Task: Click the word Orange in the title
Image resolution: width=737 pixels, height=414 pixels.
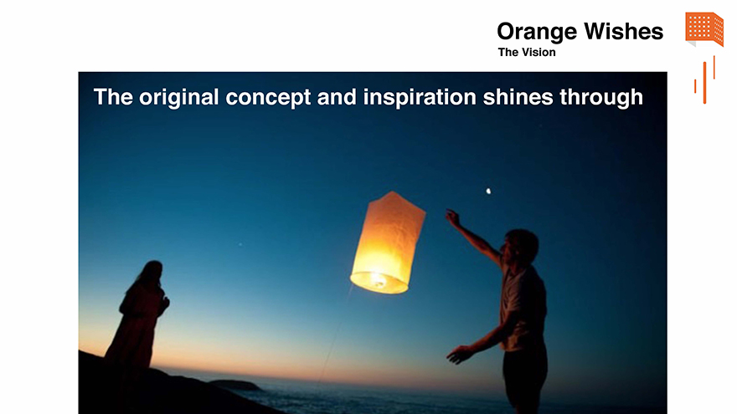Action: pyautogui.click(x=537, y=33)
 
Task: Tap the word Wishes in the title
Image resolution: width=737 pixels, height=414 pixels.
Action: pyautogui.click(x=624, y=32)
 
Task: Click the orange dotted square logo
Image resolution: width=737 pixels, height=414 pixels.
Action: pyautogui.click(x=704, y=29)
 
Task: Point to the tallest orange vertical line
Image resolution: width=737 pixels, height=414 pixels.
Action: pyautogui.click(x=704, y=83)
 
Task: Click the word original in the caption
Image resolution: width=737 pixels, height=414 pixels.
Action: pyautogui.click(x=178, y=97)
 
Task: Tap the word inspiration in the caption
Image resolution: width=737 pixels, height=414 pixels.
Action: pyautogui.click(x=420, y=97)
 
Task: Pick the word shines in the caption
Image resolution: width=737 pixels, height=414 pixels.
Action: pyautogui.click(x=518, y=97)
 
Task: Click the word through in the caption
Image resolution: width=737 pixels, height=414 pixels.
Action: pyautogui.click(x=601, y=97)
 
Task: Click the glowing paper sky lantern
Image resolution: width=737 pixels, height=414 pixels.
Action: pyautogui.click(x=388, y=243)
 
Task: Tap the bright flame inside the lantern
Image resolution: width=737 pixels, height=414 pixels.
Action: pyautogui.click(x=378, y=279)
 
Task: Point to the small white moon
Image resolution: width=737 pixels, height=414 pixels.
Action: pyautogui.click(x=488, y=191)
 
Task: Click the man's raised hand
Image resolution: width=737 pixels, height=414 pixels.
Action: pyautogui.click(x=452, y=217)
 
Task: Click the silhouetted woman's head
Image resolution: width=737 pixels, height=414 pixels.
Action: pyautogui.click(x=152, y=273)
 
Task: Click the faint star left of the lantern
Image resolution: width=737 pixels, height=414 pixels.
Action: pyautogui.click(x=240, y=244)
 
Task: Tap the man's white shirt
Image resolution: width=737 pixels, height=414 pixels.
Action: pyautogui.click(x=523, y=308)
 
